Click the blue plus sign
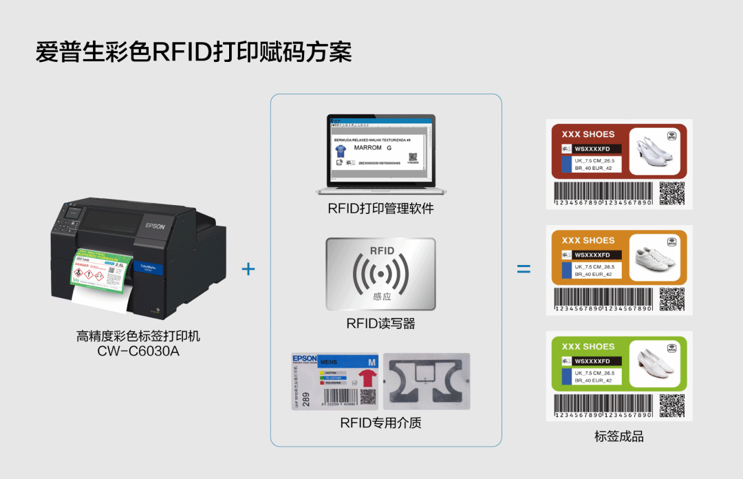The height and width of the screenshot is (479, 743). pos(248,268)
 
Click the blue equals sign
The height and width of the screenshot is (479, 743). pos(524,268)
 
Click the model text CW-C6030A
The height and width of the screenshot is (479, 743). pos(138,352)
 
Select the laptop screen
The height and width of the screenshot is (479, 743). pos(380,151)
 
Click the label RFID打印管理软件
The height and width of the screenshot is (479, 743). pos(380,209)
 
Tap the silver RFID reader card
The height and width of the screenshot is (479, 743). pos(381,275)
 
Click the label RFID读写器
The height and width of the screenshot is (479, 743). pos(380,323)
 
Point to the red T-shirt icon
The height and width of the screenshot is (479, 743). pos(368,378)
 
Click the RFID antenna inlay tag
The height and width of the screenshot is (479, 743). pos(427,383)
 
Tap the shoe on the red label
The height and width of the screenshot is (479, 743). pos(650,149)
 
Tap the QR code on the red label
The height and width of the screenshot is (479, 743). pos(672,193)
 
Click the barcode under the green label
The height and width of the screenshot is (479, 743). pos(603,403)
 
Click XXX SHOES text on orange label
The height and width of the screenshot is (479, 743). pos(588,240)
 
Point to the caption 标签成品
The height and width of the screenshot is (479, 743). pos(619,437)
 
